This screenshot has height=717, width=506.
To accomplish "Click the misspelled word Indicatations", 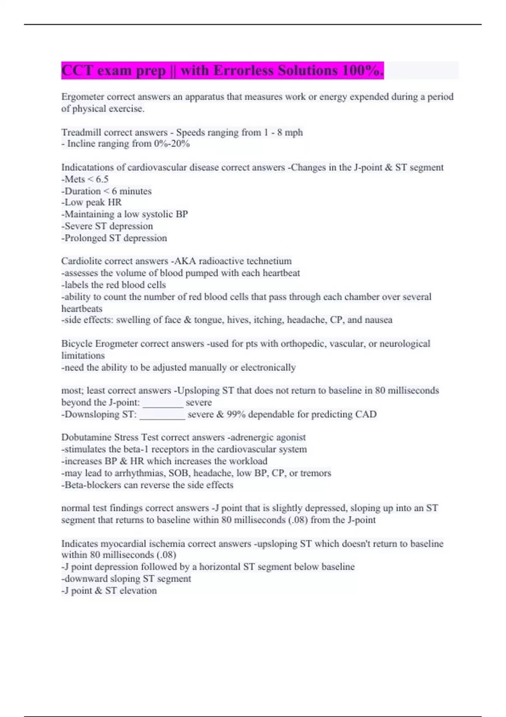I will click(88, 167).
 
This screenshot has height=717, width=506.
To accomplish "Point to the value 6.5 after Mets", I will click(102, 179).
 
